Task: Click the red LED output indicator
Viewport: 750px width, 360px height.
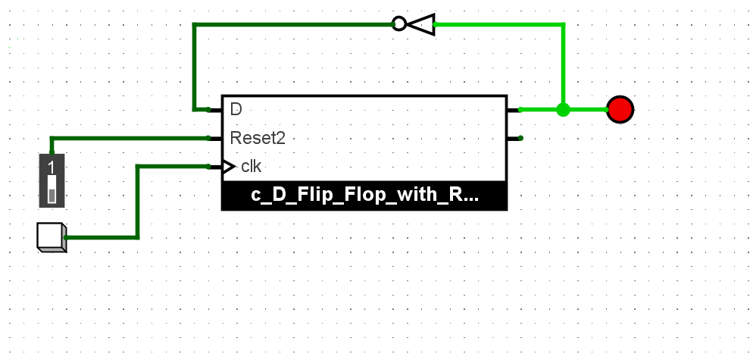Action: [620, 110]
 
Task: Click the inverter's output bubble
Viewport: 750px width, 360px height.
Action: [399, 24]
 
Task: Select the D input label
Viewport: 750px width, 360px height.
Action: [236, 109]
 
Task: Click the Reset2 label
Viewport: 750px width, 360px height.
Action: [258, 138]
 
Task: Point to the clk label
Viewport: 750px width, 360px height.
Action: [252, 167]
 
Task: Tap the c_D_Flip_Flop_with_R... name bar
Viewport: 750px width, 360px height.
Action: [364, 196]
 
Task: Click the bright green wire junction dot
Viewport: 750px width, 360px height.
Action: [563, 110]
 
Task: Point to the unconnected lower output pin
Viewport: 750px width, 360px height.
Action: [520, 138]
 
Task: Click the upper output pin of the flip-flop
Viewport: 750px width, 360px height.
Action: [520, 110]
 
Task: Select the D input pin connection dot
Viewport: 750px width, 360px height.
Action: [208, 110]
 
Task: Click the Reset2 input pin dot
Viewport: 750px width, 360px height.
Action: [208, 138]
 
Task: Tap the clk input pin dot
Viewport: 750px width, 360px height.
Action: [208, 167]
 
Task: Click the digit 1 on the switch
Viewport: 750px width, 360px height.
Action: [52, 167]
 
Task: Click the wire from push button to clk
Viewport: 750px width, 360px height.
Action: [138, 205]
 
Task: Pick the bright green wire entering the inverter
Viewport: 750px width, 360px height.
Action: [500, 24]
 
